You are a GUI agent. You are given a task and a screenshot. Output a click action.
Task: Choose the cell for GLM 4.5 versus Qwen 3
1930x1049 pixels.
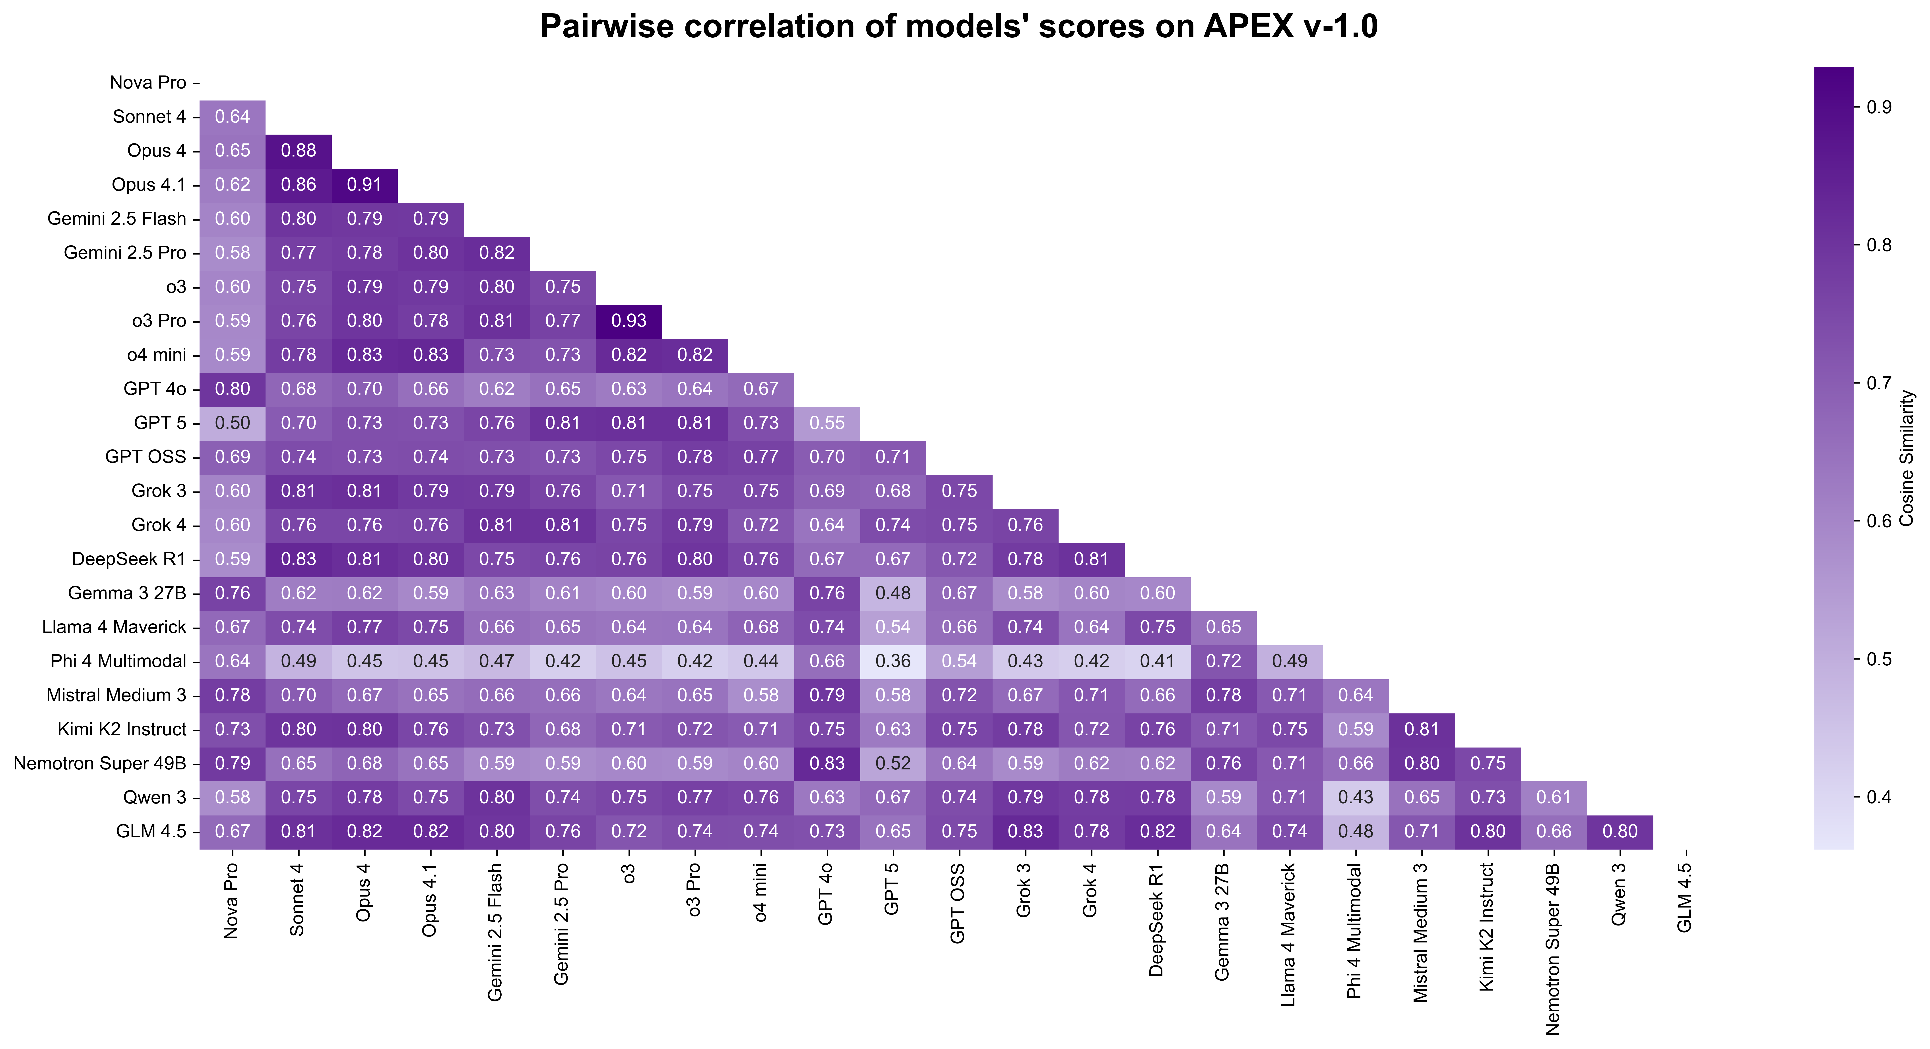click(1620, 831)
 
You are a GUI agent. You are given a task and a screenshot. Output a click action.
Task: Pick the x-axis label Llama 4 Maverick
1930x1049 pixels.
click(1289, 934)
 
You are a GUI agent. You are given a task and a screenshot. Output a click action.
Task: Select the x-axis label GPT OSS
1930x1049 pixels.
click(958, 903)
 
